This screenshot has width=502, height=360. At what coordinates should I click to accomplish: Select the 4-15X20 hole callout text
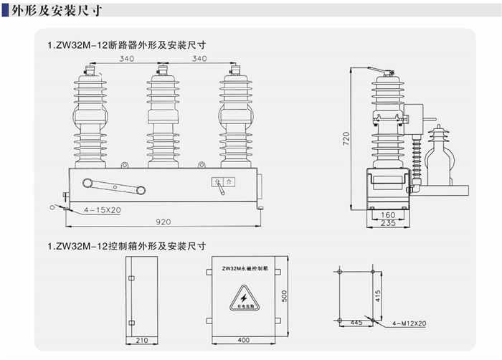[x=102, y=210]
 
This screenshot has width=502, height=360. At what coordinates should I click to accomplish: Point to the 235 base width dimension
[x=389, y=223]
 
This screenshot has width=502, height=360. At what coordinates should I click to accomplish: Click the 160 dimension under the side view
[x=389, y=214]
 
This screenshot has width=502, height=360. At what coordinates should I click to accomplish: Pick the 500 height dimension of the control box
[x=284, y=295]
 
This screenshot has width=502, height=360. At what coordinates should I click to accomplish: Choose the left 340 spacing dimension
[x=127, y=58]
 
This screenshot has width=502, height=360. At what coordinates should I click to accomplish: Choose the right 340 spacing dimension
[x=199, y=58]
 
